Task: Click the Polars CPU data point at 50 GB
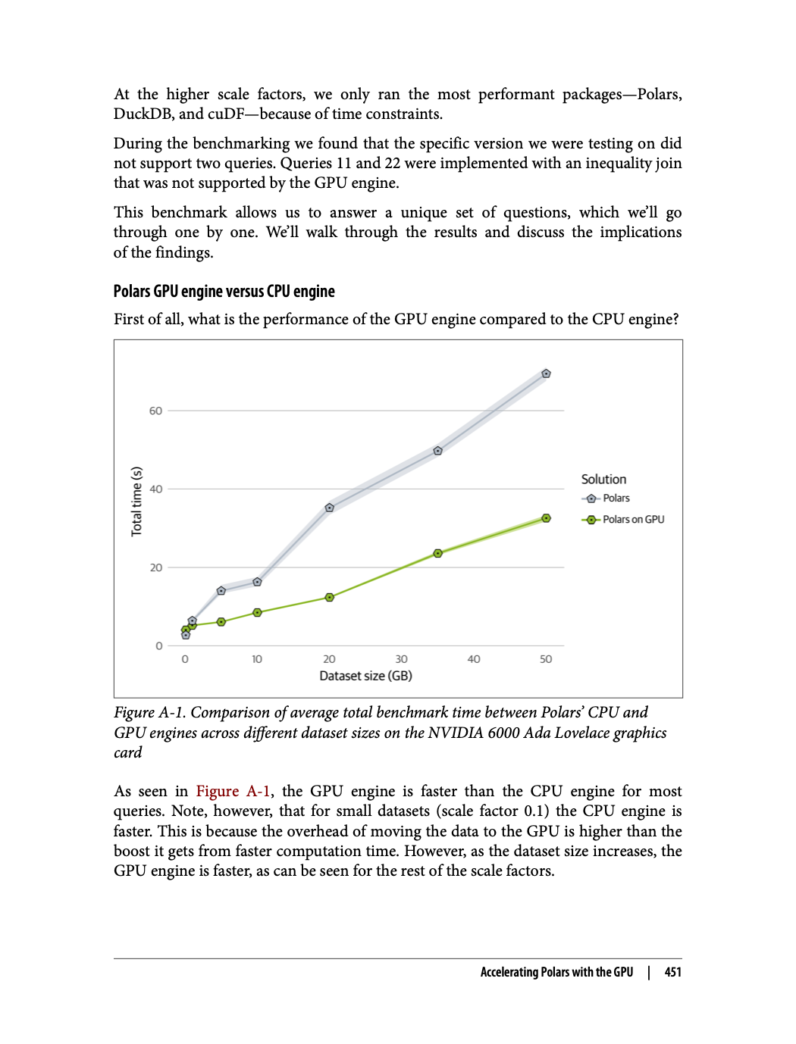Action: pos(546,374)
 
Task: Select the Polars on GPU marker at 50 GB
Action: pos(546,518)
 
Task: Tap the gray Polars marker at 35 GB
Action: pos(437,451)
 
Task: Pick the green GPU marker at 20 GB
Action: pos(329,598)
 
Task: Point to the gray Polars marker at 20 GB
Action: pos(329,508)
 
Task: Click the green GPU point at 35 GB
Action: pos(437,554)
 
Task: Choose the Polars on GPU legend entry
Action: pos(632,520)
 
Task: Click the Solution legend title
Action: pos(603,480)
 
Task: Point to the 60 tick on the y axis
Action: pos(155,411)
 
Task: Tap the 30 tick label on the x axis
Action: pos(401,659)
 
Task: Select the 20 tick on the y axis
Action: pos(155,567)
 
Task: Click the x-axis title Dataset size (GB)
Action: pos(365,676)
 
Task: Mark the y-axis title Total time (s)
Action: pos(136,502)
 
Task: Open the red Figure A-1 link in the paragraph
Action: pos(233,792)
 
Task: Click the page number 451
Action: pos(672,972)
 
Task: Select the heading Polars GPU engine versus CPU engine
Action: pos(224,292)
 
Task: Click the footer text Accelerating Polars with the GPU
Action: pos(556,972)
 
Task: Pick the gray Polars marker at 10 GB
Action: pos(257,582)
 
